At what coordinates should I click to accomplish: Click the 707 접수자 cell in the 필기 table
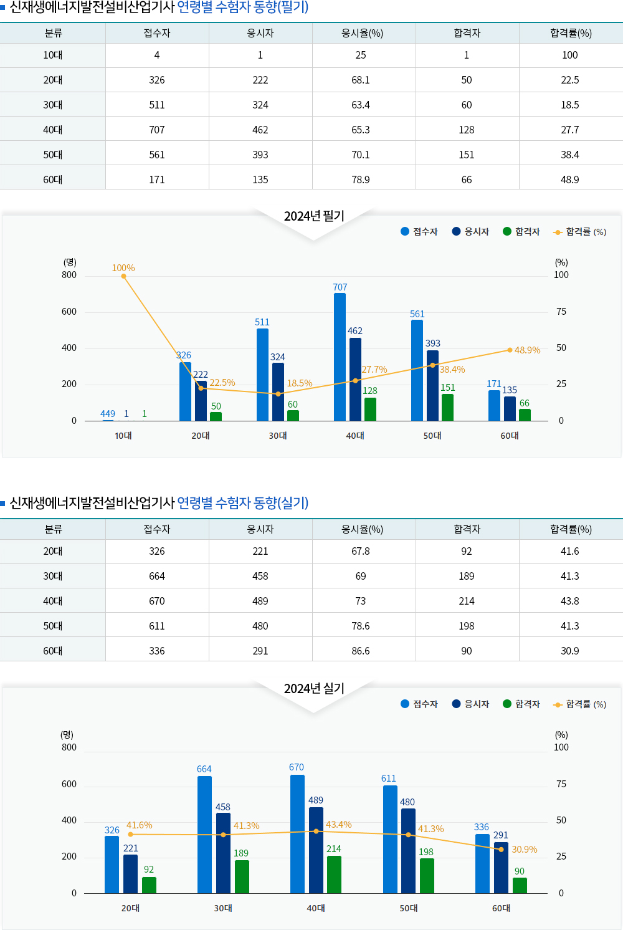[157, 130]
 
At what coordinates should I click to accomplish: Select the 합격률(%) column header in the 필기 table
[571, 33]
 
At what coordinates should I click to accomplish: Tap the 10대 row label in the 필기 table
[53, 55]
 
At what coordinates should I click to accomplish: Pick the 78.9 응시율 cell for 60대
[361, 180]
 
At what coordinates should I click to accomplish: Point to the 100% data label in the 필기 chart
[123, 268]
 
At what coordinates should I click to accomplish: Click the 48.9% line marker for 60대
[510, 350]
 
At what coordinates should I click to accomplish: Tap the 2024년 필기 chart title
[314, 216]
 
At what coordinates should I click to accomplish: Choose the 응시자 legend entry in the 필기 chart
[471, 232]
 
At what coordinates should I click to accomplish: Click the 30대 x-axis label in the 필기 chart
[278, 436]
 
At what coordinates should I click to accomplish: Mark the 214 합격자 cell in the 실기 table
[467, 601]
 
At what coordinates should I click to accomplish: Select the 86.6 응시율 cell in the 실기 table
[361, 651]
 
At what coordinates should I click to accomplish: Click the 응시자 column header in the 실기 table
[260, 529]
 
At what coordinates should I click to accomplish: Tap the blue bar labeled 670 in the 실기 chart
[297, 834]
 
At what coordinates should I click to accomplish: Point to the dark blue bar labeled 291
[501, 868]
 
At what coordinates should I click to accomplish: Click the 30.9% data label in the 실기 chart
[525, 850]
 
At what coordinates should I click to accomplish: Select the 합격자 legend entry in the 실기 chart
[522, 704]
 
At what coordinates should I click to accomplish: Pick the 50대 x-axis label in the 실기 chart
[409, 908]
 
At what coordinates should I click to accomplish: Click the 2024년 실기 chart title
[314, 689]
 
